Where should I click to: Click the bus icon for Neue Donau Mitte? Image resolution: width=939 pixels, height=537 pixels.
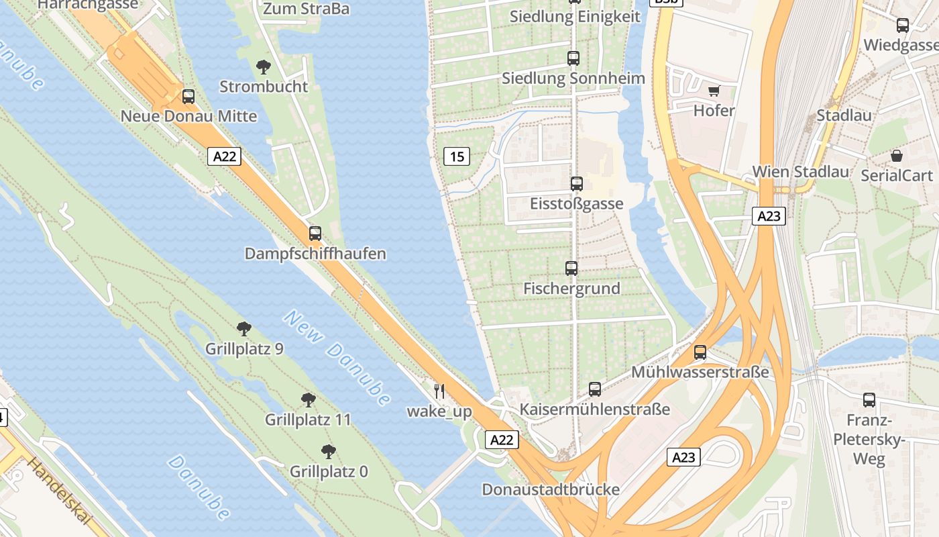coord(188,97)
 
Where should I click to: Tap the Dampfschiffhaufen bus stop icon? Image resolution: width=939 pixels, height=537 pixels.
coord(315,234)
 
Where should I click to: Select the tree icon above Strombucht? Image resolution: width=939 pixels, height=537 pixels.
coord(264,66)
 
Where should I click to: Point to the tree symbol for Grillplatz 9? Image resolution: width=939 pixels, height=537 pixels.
coord(244,329)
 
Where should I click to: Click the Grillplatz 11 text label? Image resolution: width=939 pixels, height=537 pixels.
coord(308,420)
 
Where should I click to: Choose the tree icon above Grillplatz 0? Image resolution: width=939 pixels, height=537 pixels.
coord(328,452)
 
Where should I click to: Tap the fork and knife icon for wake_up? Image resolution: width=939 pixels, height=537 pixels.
coord(439,391)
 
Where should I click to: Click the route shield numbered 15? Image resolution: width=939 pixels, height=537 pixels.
coord(457,157)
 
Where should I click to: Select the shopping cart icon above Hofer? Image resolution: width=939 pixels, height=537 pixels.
coord(714,91)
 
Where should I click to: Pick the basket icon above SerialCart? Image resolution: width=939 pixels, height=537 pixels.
coord(897,156)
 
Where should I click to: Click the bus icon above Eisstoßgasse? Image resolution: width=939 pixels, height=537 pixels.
coord(576,184)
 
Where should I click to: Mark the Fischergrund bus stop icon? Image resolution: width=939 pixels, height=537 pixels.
coord(571,268)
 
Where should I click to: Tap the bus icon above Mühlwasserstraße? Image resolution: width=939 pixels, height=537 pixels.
coord(700,352)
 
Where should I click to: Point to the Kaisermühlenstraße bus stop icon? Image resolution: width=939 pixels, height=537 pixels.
coord(595,389)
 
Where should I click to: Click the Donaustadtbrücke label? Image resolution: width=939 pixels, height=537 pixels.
coord(551,489)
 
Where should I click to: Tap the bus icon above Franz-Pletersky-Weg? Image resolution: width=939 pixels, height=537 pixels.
coord(869,400)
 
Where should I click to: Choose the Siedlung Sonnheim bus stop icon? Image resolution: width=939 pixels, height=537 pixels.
coord(573,58)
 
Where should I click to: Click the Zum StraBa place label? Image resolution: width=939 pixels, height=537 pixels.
coord(307,9)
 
